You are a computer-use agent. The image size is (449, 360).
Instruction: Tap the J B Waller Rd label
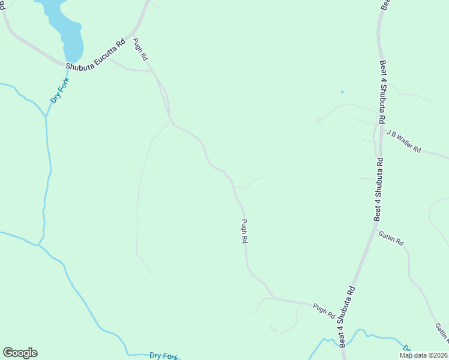coord(404,141)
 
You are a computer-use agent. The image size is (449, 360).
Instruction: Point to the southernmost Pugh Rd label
coord(324,310)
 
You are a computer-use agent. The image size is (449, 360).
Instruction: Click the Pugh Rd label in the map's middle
coord(244,231)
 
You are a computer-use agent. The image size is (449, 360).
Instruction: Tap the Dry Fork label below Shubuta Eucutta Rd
coord(60,91)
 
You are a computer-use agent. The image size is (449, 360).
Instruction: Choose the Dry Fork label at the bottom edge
coord(164,355)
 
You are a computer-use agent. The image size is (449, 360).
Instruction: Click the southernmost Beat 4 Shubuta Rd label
coord(348,316)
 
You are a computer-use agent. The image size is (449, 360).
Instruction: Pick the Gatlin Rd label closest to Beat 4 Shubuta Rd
coord(391,238)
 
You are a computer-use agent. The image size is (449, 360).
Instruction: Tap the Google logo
coord(20,353)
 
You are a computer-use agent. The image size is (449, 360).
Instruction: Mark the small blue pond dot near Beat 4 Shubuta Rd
coord(342,92)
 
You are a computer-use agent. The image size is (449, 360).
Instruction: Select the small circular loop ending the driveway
coord(319,120)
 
